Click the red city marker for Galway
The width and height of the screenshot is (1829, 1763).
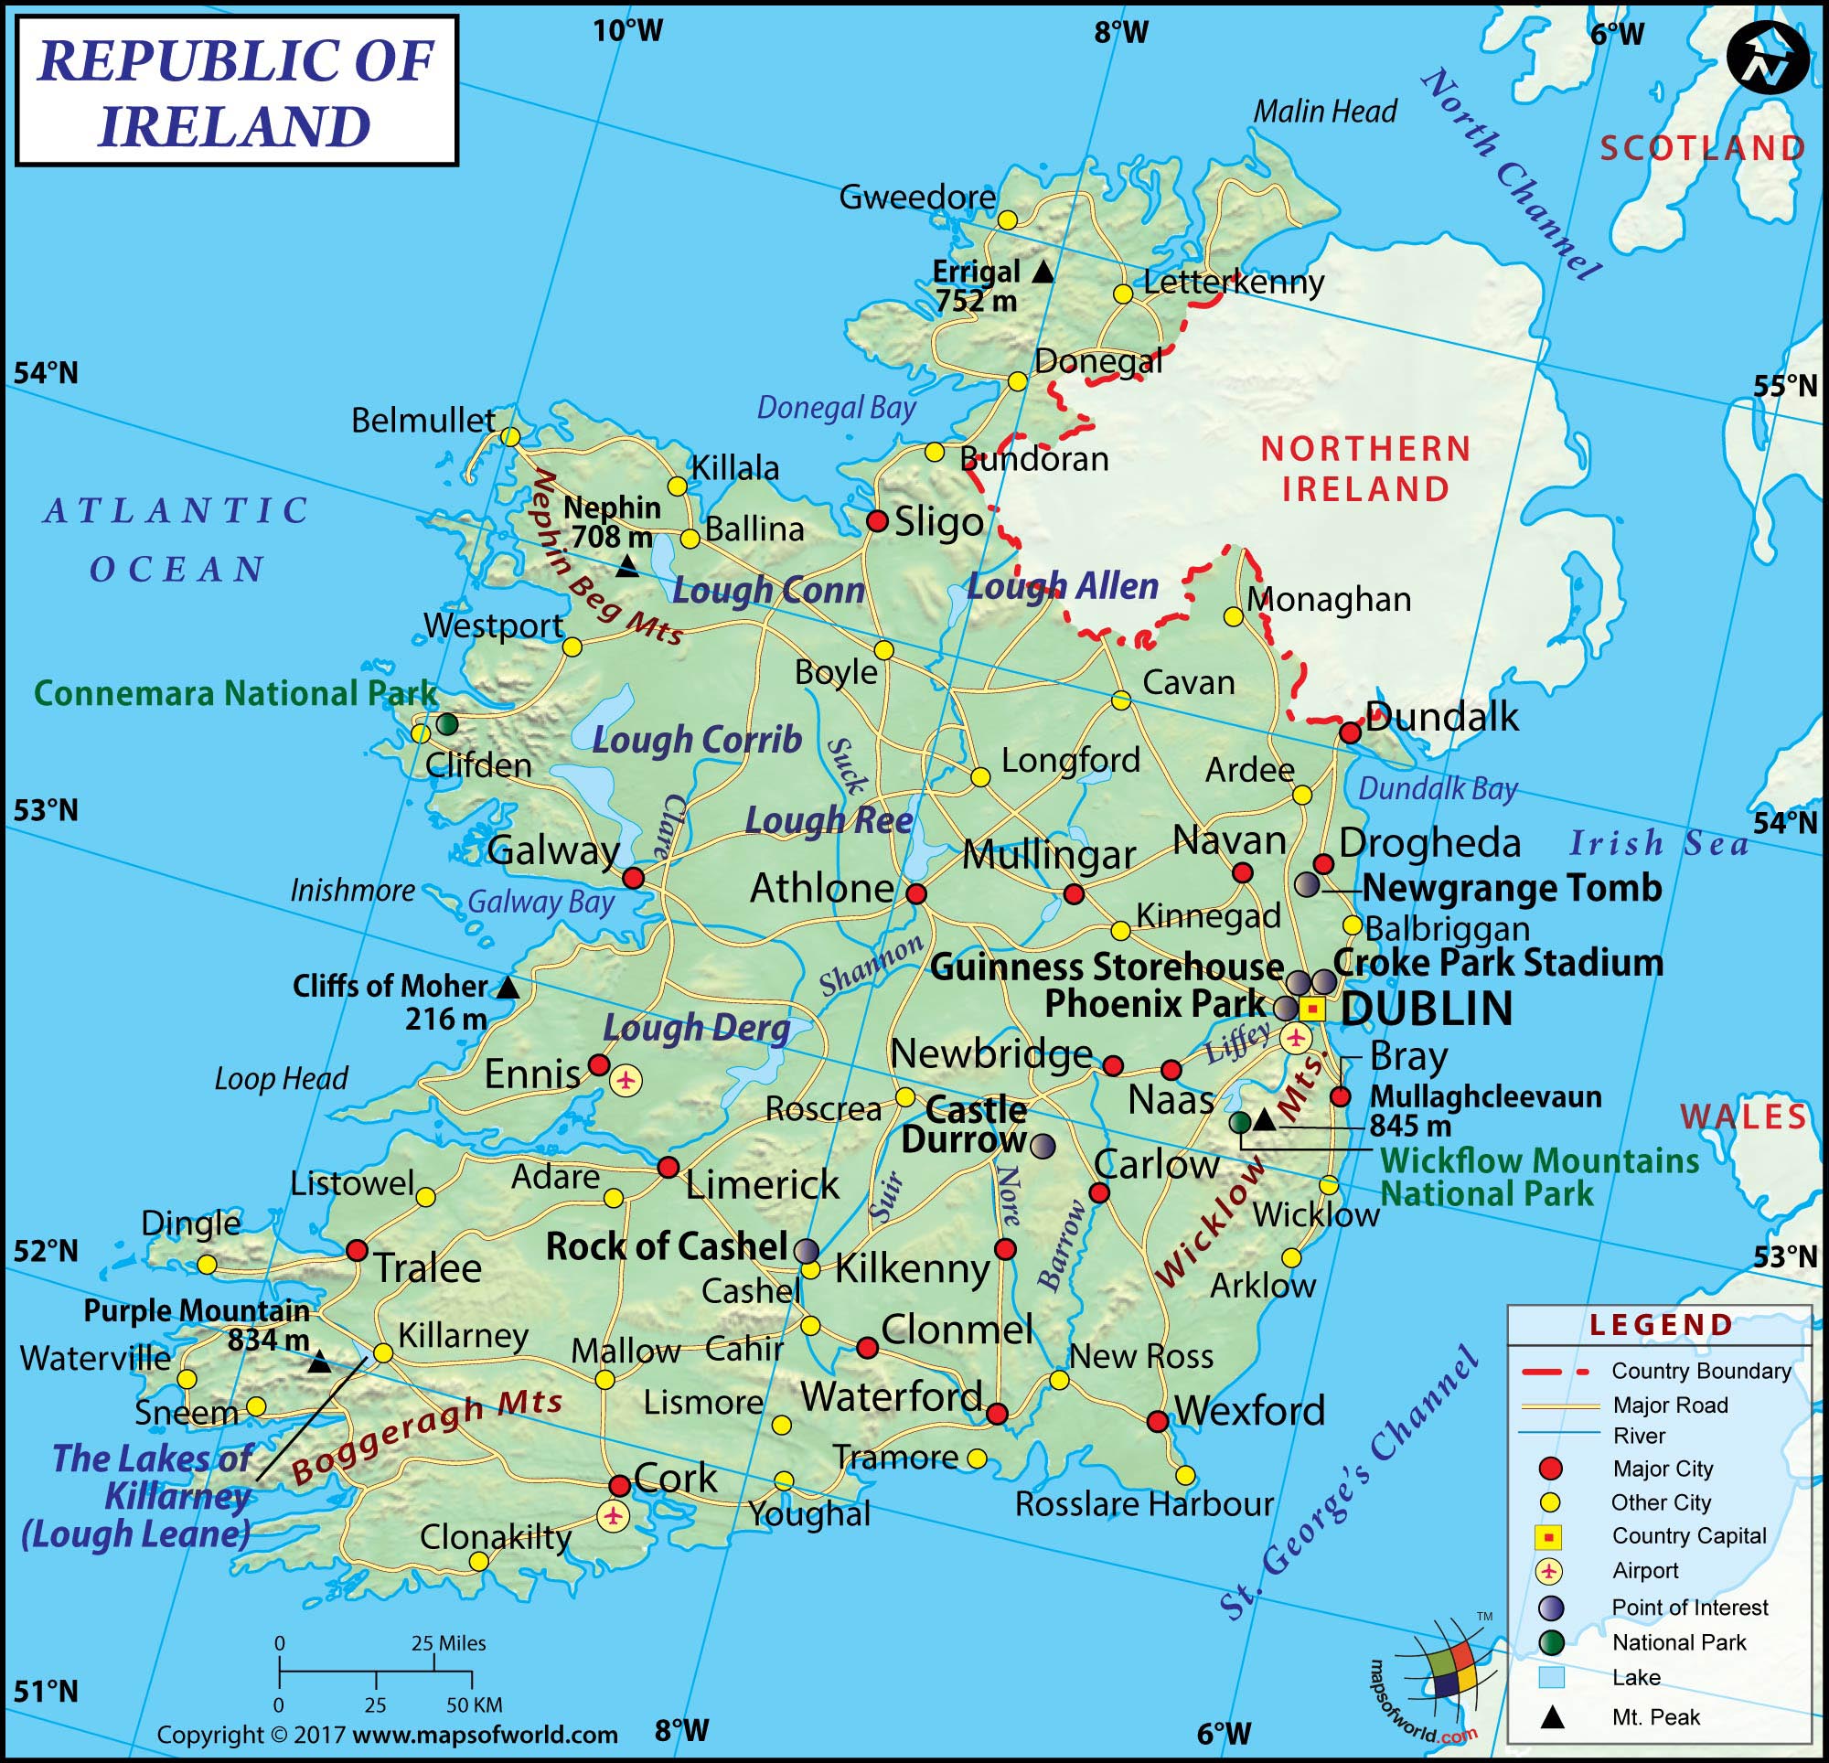point(633,877)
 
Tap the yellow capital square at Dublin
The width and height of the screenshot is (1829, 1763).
point(1312,1009)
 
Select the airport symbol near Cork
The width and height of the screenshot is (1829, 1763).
point(613,1516)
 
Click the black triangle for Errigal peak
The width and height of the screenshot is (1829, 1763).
point(1043,272)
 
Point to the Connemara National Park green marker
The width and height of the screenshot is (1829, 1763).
point(448,723)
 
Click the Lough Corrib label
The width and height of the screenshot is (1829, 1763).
point(697,739)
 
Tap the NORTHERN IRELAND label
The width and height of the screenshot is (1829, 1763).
point(1365,468)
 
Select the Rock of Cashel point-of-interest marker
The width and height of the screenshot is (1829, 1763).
point(807,1251)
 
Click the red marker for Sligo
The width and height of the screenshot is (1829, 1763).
point(877,521)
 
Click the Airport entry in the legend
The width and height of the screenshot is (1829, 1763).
point(1644,1571)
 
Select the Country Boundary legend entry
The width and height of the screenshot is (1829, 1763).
point(1700,1371)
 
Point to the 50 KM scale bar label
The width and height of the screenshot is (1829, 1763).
point(474,1705)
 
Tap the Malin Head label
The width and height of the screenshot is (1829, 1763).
point(1324,112)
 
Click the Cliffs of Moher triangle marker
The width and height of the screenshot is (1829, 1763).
point(508,988)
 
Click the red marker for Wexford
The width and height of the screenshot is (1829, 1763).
point(1157,1421)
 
